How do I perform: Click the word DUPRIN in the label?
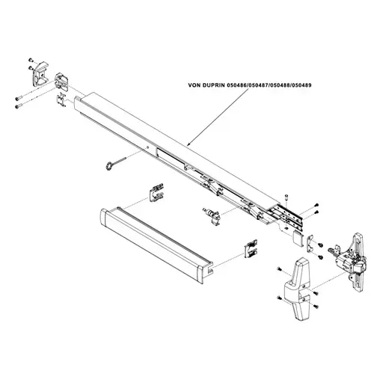[x=213, y=85]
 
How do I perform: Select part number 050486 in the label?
[x=236, y=85]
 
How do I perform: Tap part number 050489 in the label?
[x=301, y=85]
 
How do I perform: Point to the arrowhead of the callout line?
[x=188, y=144]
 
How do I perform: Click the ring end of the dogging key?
[x=108, y=166]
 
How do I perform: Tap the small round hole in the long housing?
[x=147, y=147]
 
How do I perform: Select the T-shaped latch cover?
[x=297, y=289]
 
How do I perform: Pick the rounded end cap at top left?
[x=40, y=74]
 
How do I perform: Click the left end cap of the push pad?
[x=104, y=220]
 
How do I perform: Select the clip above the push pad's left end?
[x=156, y=193]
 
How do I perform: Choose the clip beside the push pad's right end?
[x=251, y=249]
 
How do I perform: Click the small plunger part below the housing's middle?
[x=212, y=215]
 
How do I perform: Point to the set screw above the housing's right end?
[x=286, y=197]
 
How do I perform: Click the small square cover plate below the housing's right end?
[x=297, y=238]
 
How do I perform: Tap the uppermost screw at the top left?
[x=31, y=60]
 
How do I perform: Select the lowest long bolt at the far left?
[x=19, y=107]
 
